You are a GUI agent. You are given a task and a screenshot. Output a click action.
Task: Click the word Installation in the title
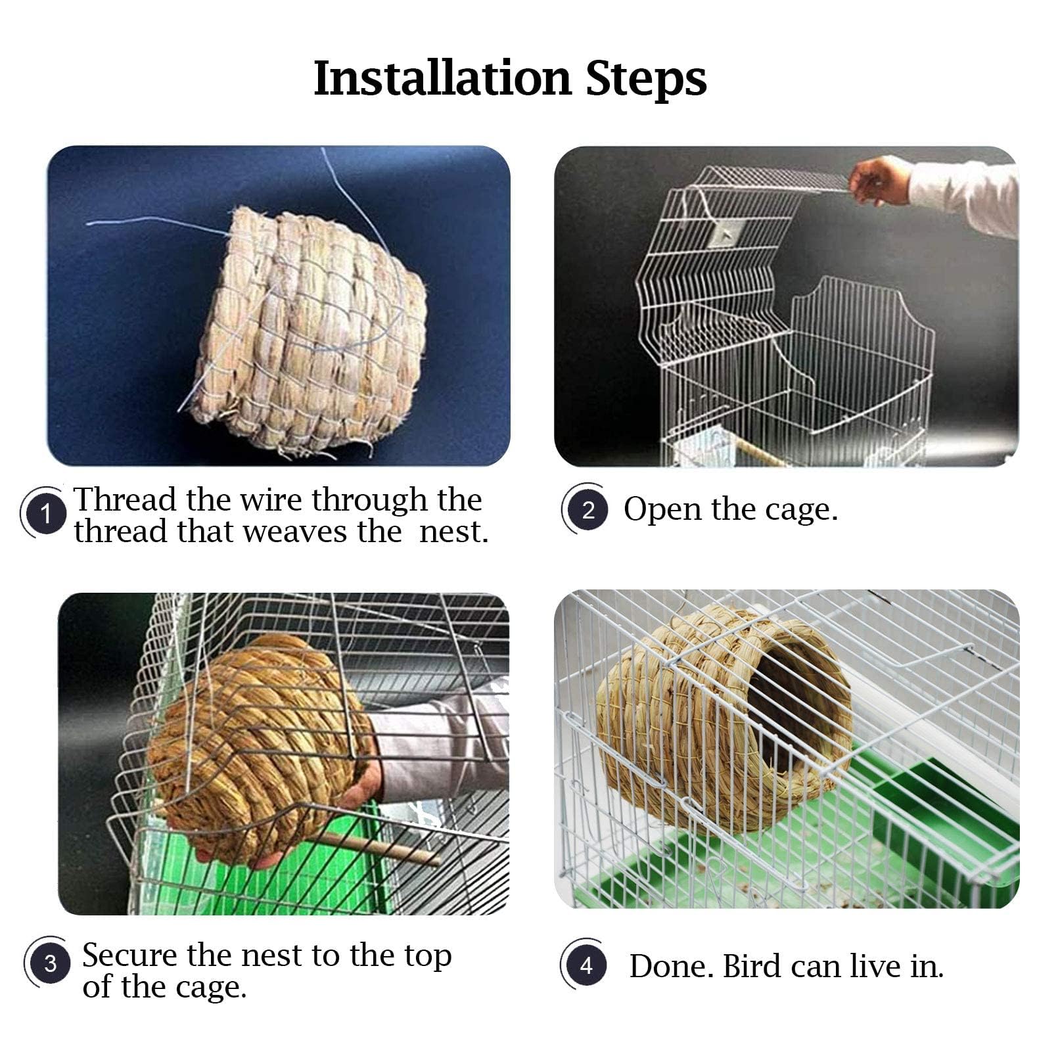442,79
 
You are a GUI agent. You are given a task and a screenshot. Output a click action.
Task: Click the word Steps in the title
646,79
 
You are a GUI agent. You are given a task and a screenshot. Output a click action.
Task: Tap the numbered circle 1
45,513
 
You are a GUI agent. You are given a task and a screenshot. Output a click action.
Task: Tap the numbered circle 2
587,510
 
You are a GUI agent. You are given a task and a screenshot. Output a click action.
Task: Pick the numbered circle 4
586,965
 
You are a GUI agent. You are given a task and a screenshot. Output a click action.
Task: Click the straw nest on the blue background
309,329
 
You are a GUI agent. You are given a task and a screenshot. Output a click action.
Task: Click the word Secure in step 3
129,955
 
